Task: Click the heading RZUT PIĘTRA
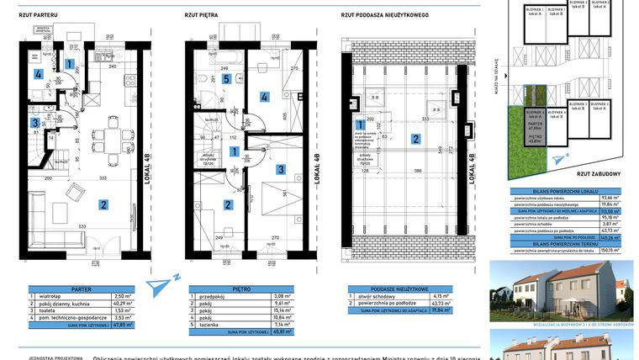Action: (x=201, y=14)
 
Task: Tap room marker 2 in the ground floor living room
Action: (x=103, y=204)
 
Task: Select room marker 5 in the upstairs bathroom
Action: (x=226, y=78)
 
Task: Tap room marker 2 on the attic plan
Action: (x=415, y=139)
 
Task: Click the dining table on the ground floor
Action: (x=109, y=135)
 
